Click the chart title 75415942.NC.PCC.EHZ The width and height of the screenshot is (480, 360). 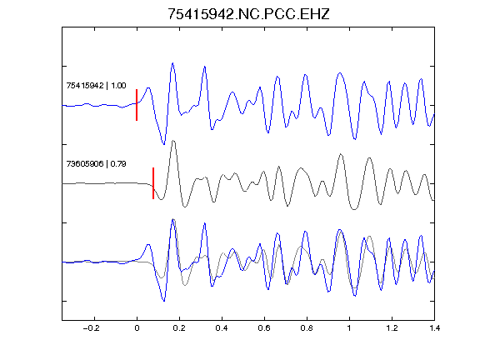pyautogui.click(x=248, y=14)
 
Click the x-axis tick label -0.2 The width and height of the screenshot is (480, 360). pyautogui.click(x=92, y=328)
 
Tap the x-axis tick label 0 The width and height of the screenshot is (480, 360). pyautogui.click(x=137, y=328)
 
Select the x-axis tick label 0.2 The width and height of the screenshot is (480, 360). pyautogui.click(x=179, y=328)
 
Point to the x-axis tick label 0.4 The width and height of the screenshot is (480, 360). pyautogui.click(x=222, y=328)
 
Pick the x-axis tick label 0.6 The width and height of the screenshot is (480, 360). pyautogui.click(x=264, y=328)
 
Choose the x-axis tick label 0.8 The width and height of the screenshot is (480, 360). pyautogui.click(x=307, y=328)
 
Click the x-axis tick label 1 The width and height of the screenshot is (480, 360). pyautogui.click(x=349, y=328)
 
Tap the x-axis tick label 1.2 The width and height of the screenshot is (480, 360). pyautogui.click(x=392, y=328)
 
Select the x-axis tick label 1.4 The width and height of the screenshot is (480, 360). pyautogui.click(x=434, y=328)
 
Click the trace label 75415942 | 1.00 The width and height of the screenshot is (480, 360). pyautogui.click(x=96, y=85)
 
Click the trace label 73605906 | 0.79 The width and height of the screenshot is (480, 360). pyautogui.click(x=96, y=164)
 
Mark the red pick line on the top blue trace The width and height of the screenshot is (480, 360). pyautogui.click(x=137, y=105)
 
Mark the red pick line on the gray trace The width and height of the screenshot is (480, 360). pyautogui.click(x=153, y=183)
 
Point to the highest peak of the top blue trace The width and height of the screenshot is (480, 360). pyautogui.click(x=172, y=63)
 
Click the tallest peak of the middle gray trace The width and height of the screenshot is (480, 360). pyautogui.click(x=173, y=141)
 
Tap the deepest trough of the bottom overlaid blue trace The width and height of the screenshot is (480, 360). pyautogui.click(x=164, y=301)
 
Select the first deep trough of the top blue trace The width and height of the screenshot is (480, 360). pyautogui.click(x=164, y=144)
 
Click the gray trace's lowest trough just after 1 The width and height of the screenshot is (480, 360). pyautogui.click(x=354, y=209)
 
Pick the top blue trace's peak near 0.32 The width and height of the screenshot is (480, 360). pyautogui.click(x=205, y=67)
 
